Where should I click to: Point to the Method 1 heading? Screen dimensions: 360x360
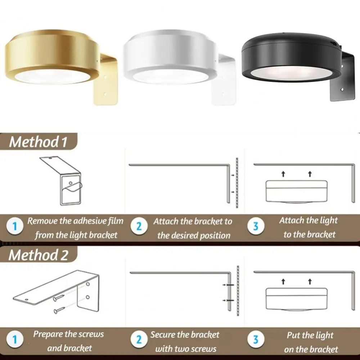(38, 142)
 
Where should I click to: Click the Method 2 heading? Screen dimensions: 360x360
(38, 255)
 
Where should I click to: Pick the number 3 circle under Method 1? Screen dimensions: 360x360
(256, 227)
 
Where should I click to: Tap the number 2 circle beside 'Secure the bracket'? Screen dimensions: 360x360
(139, 340)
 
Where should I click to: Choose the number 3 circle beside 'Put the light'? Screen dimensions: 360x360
(256, 340)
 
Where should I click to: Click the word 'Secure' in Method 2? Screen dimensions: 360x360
(162, 335)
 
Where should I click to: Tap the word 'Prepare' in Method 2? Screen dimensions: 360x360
(48, 334)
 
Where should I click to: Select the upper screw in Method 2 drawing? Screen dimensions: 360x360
(58, 297)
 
